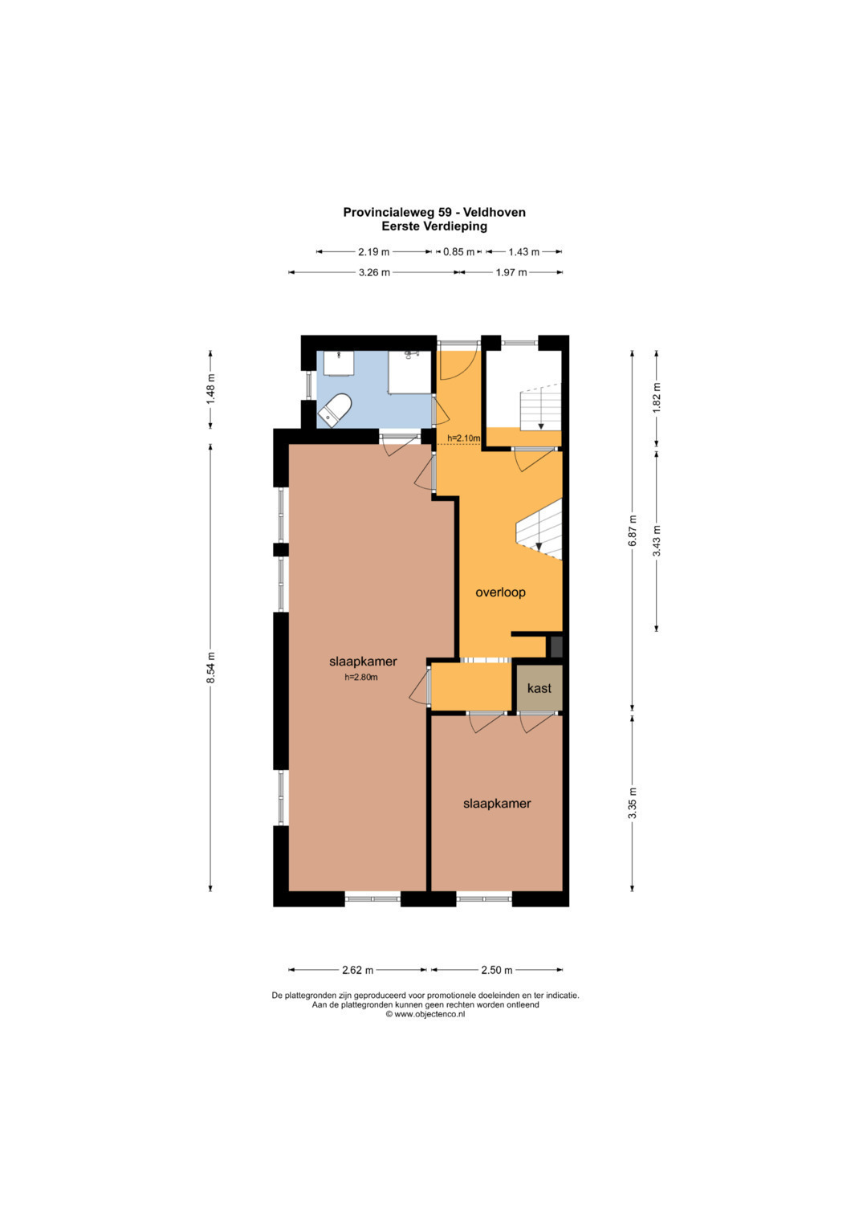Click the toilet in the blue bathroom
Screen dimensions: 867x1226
[335, 410]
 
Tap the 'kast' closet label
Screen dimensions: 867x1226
[539, 688]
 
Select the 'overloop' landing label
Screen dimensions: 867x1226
[500, 593]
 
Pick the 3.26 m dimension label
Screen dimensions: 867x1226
[374, 272]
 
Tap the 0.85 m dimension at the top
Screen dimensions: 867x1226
[458, 252]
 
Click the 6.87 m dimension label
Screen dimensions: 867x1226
[633, 531]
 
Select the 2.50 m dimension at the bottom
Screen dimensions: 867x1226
[497, 970]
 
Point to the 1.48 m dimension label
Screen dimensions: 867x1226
[210, 389]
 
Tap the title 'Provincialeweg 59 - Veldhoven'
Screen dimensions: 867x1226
[434, 212]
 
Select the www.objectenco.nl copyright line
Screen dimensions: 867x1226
[425, 1014]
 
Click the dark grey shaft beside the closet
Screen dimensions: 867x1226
[556, 646]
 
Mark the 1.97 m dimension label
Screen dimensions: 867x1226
[511, 272]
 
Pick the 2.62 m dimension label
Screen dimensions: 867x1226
[357, 970]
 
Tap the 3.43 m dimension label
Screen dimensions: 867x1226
[657, 541]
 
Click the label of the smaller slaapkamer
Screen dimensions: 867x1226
[497, 804]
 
